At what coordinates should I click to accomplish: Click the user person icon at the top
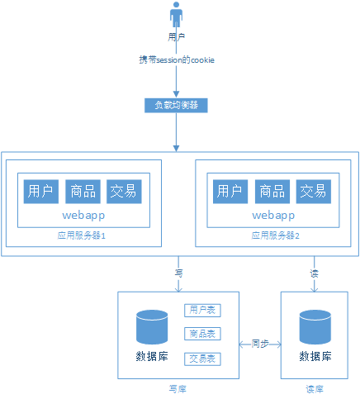click(176, 16)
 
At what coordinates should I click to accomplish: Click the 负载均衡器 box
click(176, 105)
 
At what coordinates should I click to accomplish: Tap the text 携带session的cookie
click(177, 60)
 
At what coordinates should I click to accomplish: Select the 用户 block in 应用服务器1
click(40, 192)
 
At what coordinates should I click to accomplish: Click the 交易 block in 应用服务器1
click(124, 192)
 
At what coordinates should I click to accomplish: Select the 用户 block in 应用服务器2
click(230, 192)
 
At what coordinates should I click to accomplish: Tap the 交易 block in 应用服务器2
click(314, 192)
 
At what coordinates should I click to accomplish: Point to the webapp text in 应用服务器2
click(273, 216)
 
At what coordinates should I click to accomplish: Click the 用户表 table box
click(202, 311)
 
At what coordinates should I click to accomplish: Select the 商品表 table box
click(202, 335)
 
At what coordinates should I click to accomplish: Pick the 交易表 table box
click(202, 359)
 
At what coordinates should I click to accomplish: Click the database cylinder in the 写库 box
click(152, 328)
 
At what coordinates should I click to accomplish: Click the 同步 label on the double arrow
click(259, 342)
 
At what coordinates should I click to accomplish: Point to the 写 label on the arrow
click(178, 272)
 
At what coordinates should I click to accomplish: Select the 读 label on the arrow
click(314, 272)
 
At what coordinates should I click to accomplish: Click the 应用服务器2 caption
click(275, 235)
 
